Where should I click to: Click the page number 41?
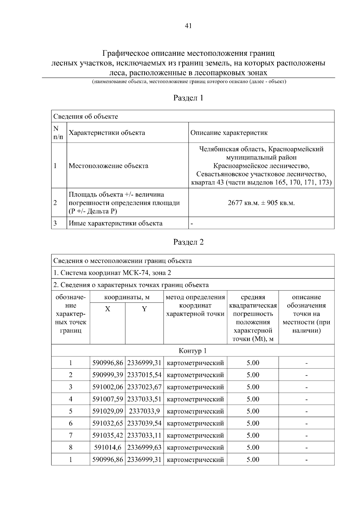188,26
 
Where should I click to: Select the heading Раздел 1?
188,98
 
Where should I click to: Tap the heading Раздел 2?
188,242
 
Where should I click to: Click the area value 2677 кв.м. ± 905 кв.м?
261,203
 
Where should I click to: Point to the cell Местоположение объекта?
109,166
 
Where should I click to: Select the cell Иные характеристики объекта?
116,223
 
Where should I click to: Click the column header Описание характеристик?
229,133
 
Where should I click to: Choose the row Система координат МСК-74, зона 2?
112,273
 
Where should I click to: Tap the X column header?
107,309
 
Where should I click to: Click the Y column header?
144,309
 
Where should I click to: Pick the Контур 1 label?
193,351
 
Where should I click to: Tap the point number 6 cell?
71,423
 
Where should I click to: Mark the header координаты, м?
127,297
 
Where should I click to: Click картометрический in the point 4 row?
195,399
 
